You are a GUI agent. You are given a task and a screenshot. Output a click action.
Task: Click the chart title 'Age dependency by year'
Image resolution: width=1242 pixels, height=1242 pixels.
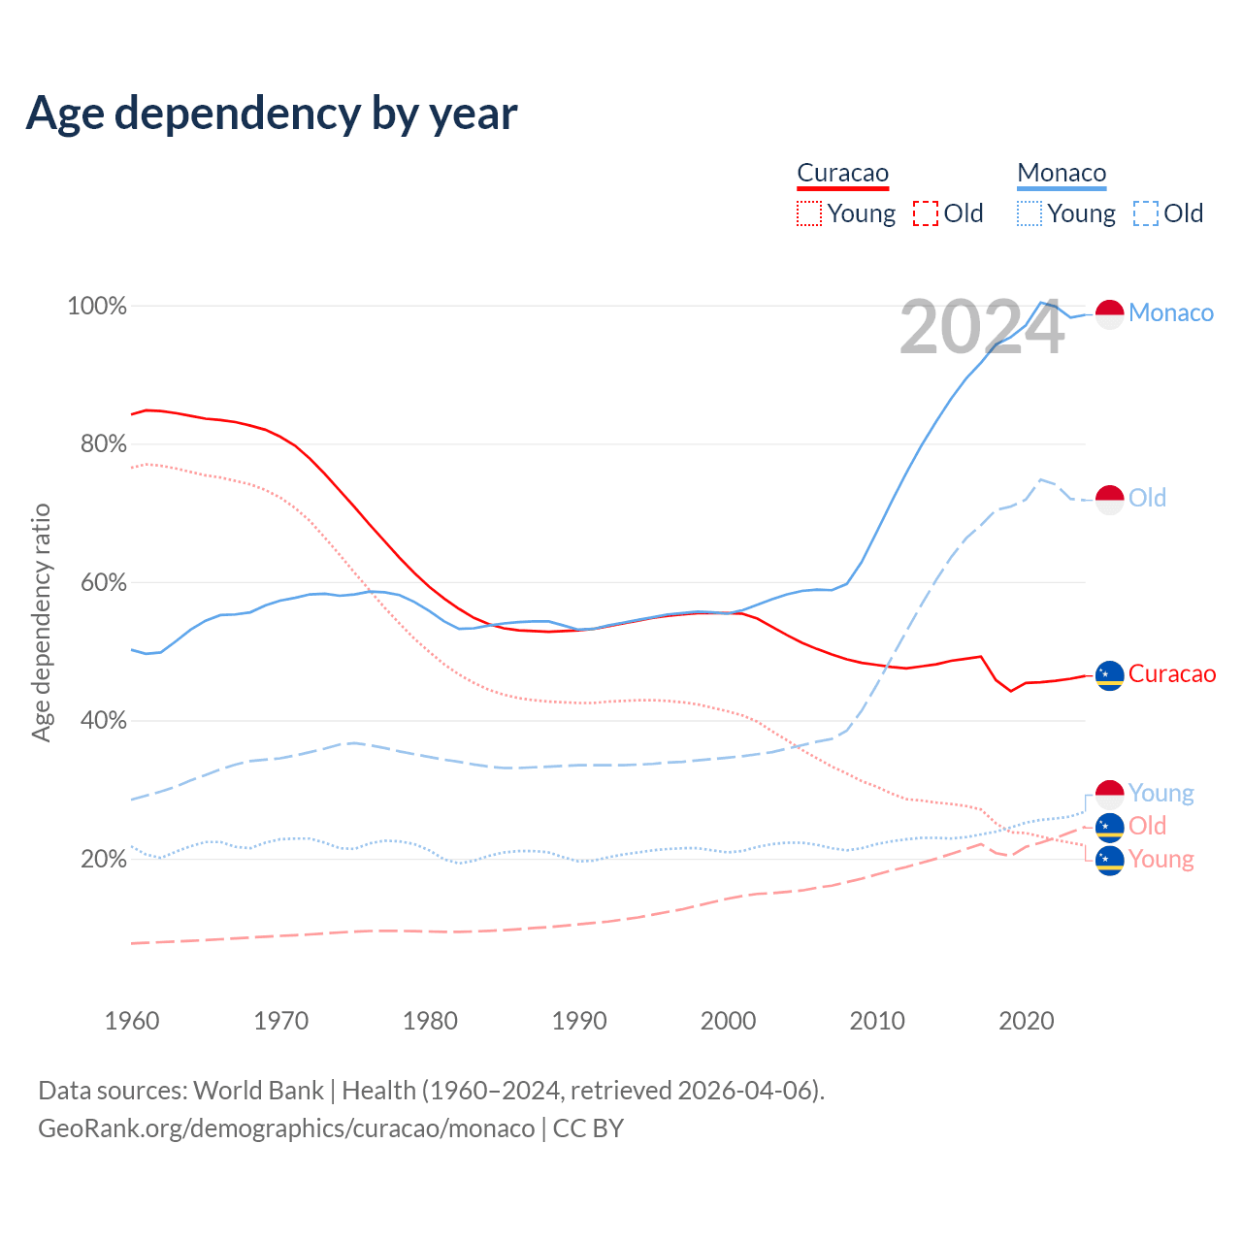[x=272, y=114]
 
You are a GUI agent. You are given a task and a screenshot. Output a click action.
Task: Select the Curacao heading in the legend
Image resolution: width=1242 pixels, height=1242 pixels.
[x=842, y=173]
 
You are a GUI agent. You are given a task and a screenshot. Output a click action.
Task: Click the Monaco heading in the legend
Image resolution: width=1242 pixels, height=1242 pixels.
[x=1062, y=173]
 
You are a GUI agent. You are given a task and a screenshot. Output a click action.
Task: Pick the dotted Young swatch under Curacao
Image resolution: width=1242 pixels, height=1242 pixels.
[x=808, y=213]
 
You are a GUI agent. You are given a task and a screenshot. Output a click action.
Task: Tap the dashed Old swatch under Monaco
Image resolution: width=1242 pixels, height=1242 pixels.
[x=1145, y=213]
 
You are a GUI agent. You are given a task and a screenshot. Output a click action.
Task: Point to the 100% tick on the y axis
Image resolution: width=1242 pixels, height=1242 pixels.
[x=97, y=307]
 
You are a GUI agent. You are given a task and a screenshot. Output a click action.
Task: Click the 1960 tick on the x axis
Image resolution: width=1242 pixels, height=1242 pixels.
[x=132, y=1021]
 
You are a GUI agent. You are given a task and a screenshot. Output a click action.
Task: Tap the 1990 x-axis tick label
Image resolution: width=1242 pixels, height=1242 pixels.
[x=579, y=1021]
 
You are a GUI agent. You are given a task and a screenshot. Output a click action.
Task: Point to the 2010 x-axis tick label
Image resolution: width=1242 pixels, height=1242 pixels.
[x=877, y=1021]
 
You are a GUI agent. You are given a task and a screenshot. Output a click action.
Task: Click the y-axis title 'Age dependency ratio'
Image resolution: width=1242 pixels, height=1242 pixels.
[x=41, y=622]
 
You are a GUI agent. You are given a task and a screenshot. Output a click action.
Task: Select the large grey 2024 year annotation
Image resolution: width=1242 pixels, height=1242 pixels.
[x=982, y=328]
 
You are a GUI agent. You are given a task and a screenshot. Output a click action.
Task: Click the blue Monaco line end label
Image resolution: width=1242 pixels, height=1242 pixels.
[x=1171, y=313]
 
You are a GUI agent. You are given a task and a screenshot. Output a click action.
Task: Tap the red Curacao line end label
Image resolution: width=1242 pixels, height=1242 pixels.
[x=1172, y=674]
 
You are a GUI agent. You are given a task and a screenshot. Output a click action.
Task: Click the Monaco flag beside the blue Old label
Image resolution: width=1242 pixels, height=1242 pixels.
[x=1109, y=500]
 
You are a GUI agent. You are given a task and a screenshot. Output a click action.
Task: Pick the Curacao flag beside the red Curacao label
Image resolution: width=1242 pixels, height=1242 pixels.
[x=1109, y=674]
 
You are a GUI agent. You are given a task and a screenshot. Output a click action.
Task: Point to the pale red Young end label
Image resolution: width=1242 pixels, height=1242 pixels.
[x=1161, y=860]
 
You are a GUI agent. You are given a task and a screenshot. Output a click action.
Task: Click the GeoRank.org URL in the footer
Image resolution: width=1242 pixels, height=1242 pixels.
[x=286, y=1128]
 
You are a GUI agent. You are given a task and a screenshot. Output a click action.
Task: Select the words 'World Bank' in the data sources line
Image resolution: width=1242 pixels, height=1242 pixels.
[x=258, y=1091]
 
